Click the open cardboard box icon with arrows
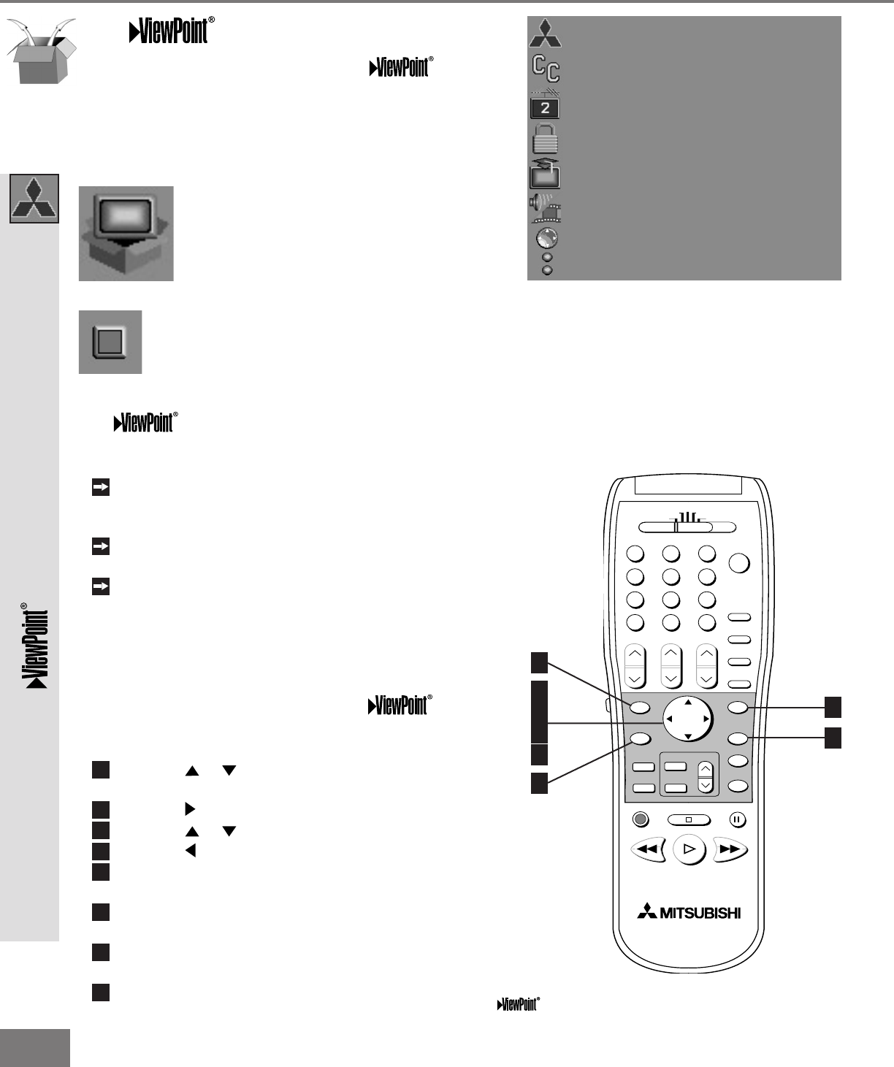pyautogui.click(x=41, y=50)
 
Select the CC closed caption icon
pyautogui.click(x=546, y=69)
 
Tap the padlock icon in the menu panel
pyautogui.click(x=546, y=139)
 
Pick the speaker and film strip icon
pyautogui.click(x=545, y=209)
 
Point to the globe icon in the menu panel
pyautogui.click(x=546, y=238)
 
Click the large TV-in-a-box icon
pyautogui.click(x=126, y=234)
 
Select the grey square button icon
pyautogui.click(x=110, y=342)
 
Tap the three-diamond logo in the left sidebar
pyautogui.click(x=34, y=199)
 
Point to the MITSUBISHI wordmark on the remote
pyautogui.click(x=689, y=912)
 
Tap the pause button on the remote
pyautogui.click(x=737, y=819)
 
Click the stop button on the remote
pyautogui.click(x=688, y=819)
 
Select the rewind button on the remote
pyautogui.click(x=647, y=849)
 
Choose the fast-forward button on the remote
pyautogui.click(x=730, y=849)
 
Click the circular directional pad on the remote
pyautogui.click(x=687, y=719)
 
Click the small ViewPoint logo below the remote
pyautogui.click(x=519, y=1004)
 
